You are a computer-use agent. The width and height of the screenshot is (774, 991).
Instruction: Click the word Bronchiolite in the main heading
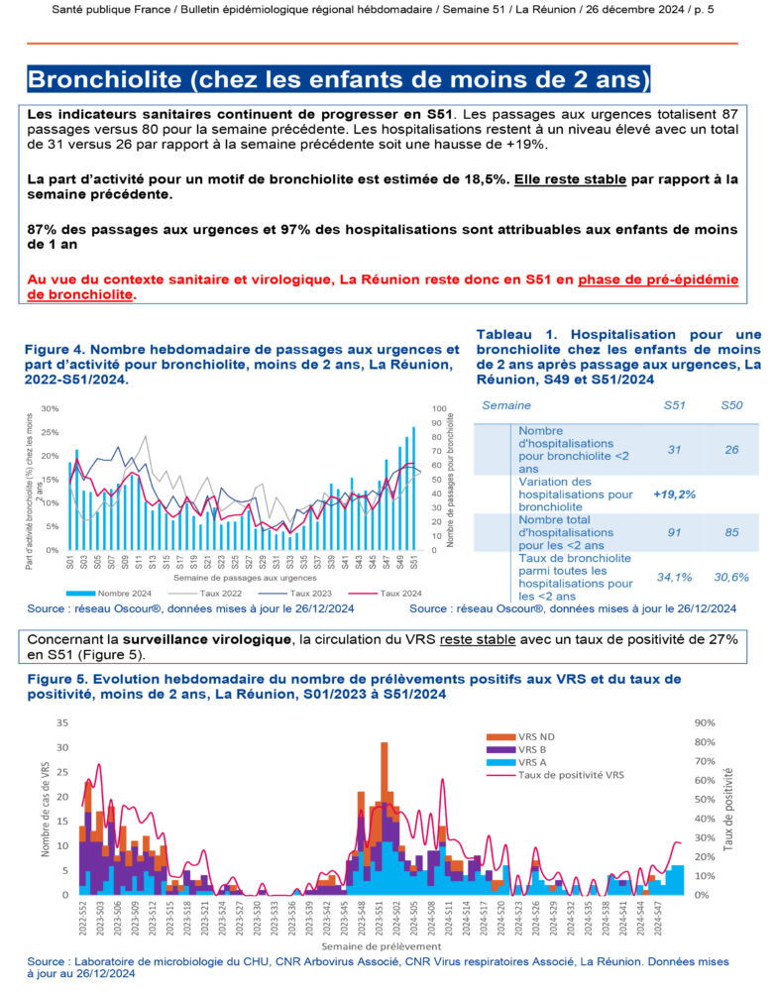112,78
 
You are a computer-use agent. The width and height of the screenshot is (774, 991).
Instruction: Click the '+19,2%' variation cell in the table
674,493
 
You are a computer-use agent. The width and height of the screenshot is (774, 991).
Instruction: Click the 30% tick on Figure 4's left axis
51,408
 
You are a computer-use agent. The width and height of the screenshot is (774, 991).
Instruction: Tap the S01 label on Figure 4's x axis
70,563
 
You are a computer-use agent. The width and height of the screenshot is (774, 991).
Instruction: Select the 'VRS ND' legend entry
536,737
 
